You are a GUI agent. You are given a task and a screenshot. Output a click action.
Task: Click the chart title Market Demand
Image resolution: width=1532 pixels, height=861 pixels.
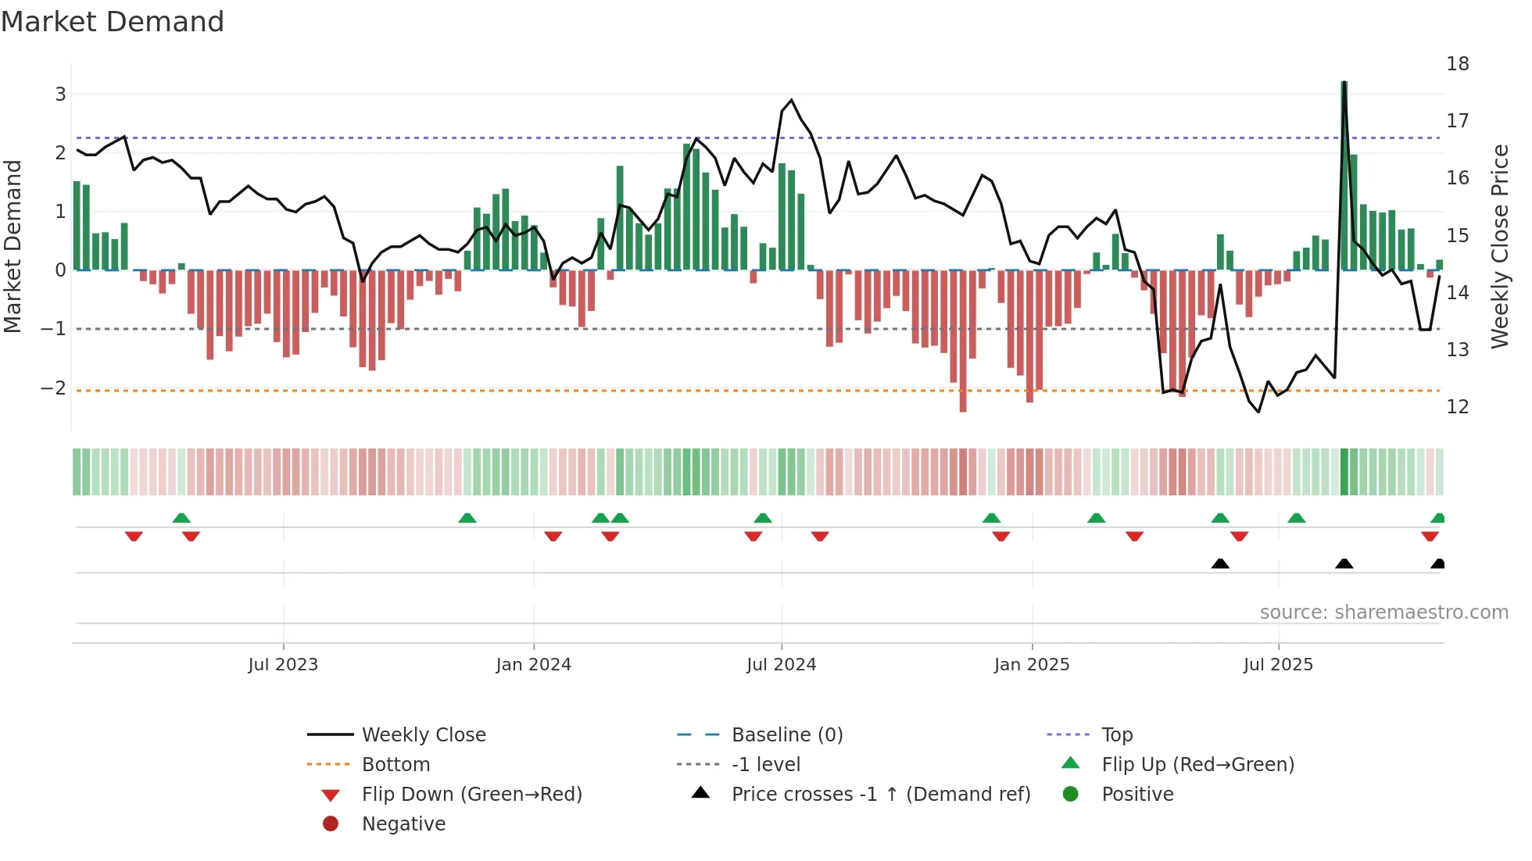(x=113, y=22)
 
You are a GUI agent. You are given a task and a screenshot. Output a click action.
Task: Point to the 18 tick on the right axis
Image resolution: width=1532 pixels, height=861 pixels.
(x=1457, y=64)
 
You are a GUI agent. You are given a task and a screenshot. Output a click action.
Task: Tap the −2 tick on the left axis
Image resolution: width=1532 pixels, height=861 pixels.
(x=53, y=388)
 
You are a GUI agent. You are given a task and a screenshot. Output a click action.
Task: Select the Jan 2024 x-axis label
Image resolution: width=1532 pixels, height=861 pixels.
(x=533, y=665)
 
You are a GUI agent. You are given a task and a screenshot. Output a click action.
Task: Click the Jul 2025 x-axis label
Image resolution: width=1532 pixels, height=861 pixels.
(x=1278, y=665)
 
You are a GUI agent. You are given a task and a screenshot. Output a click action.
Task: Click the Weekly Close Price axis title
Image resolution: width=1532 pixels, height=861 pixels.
(x=1499, y=246)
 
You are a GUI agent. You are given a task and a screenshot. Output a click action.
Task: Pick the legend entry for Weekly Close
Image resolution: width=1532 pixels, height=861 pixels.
(x=423, y=735)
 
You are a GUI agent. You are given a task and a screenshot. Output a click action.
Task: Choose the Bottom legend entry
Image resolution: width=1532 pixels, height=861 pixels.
(x=396, y=765)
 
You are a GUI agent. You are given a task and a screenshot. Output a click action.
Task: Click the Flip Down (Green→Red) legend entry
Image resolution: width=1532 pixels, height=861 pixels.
(x=471, y=795)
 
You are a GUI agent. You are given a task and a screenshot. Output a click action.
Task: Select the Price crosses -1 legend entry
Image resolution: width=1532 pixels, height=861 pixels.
(x=880, y=795)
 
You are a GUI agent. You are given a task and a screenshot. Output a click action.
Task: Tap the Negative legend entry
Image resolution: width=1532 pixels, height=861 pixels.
(x=403, y=824)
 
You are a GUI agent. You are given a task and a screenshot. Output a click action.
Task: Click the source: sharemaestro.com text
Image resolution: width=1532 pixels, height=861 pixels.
(x=1383, y=613)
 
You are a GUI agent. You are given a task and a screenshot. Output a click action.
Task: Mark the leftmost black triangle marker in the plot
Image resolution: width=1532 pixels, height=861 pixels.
(x=1220, y=564)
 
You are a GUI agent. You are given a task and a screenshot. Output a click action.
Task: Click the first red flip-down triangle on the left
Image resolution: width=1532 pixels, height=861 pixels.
(x=134, y=536)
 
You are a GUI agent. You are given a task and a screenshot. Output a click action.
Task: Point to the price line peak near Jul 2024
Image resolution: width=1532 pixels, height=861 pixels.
(x=791, y=100)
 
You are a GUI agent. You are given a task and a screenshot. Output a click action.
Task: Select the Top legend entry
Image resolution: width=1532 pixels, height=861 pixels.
(x=1116, y=735)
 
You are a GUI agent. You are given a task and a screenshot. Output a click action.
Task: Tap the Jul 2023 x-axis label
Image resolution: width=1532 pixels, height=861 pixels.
(x=283, y=665)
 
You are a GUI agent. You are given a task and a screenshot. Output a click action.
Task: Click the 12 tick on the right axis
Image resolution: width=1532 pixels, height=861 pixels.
(x=1457, y=407)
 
